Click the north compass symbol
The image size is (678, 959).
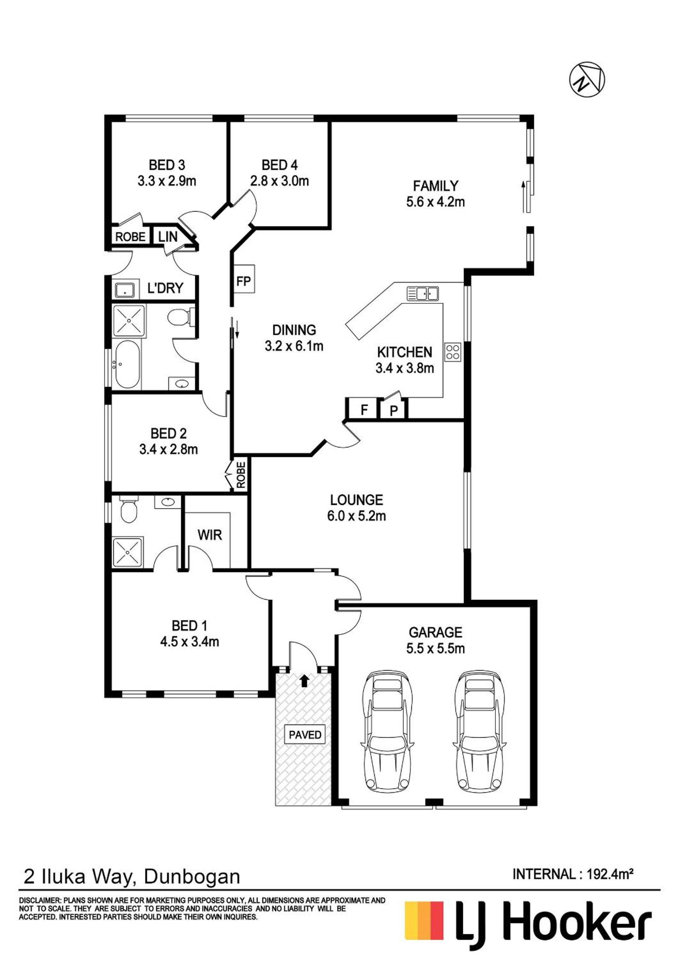pyautogui.click(x=587, y=80)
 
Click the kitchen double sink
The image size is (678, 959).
pyautogui.click(x=423, y=294)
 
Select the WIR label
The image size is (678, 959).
pyautogui.click(x=210, y=535)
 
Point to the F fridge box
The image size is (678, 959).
pyautogui.click(x=364, y=409)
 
